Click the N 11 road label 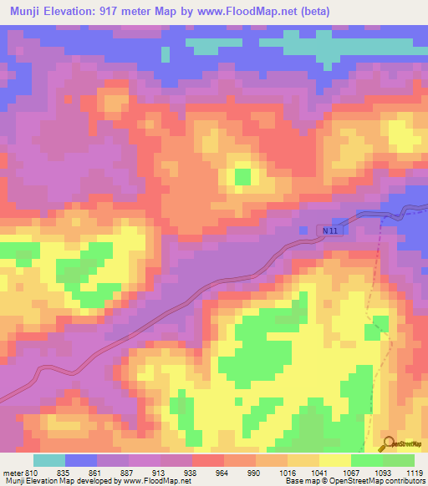coord(333,229)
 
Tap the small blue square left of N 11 coord(303,230)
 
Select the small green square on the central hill coord(242,176)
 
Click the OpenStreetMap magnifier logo coord(387,446)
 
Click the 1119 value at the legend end coord(414,471)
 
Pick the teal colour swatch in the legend coord(49,459)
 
